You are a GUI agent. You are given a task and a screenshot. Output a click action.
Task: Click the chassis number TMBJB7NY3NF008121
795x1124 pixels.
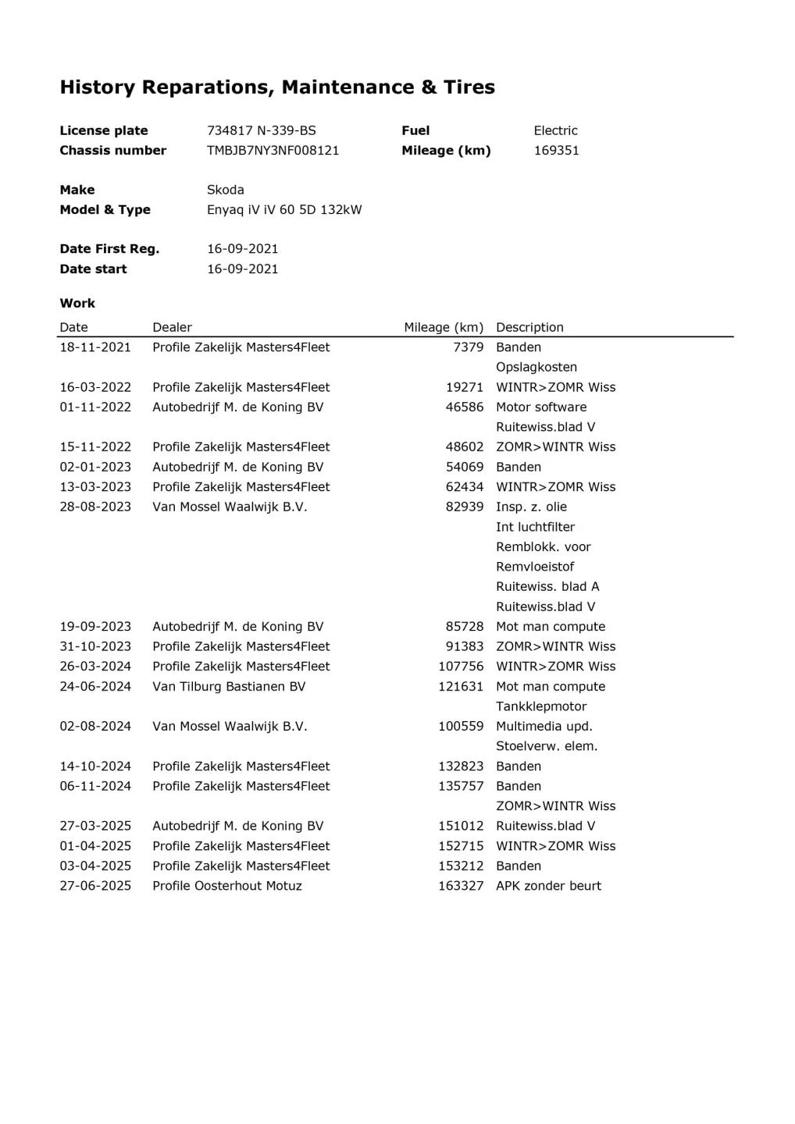pos(273,151)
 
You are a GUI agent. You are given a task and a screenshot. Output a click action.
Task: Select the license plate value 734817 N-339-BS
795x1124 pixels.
pos(261,130)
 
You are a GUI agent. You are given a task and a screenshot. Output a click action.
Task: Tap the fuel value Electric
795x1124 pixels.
pos(555,130)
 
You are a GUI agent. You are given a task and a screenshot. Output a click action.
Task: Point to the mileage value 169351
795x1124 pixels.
pos(556,151)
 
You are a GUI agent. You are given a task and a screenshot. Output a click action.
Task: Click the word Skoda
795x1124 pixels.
pos(225,190)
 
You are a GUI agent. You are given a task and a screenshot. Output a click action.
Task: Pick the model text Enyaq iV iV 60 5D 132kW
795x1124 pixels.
pos(284,210)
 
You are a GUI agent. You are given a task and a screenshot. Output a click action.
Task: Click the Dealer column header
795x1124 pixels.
pos(172,328)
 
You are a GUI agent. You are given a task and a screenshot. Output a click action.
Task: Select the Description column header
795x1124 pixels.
pos(529,328)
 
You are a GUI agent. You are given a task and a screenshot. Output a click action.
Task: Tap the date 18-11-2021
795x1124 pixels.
pos(95,347)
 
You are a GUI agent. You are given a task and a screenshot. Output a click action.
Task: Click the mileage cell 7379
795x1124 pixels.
pos(468,347)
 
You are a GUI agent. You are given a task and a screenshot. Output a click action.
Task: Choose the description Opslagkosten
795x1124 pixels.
pos(537,368)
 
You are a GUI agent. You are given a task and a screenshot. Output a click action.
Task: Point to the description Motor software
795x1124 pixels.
pos(541,407)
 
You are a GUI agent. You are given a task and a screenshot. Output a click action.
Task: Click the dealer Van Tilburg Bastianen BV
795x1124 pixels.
pos(229,687)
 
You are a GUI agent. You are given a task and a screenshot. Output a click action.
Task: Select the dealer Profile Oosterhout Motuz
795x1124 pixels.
pos(226,886)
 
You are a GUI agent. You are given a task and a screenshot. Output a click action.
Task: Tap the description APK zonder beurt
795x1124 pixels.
pos(548,886)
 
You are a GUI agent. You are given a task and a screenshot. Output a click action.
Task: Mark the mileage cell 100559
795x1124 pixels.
pos(461,727)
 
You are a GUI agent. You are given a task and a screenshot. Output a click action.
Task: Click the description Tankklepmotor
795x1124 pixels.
pos(541,706)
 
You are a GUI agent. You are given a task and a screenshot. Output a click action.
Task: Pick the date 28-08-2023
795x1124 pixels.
pos(95,507)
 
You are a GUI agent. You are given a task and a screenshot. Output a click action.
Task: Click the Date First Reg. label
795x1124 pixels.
pos(109,249)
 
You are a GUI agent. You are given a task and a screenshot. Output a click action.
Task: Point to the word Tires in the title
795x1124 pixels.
pos(469,87)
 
